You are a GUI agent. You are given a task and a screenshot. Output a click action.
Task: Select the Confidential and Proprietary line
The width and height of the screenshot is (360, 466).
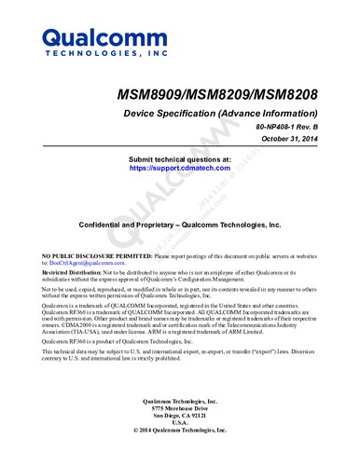coord(179,226)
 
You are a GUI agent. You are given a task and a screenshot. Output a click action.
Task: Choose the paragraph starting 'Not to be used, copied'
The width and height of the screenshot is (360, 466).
coord(177,293)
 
